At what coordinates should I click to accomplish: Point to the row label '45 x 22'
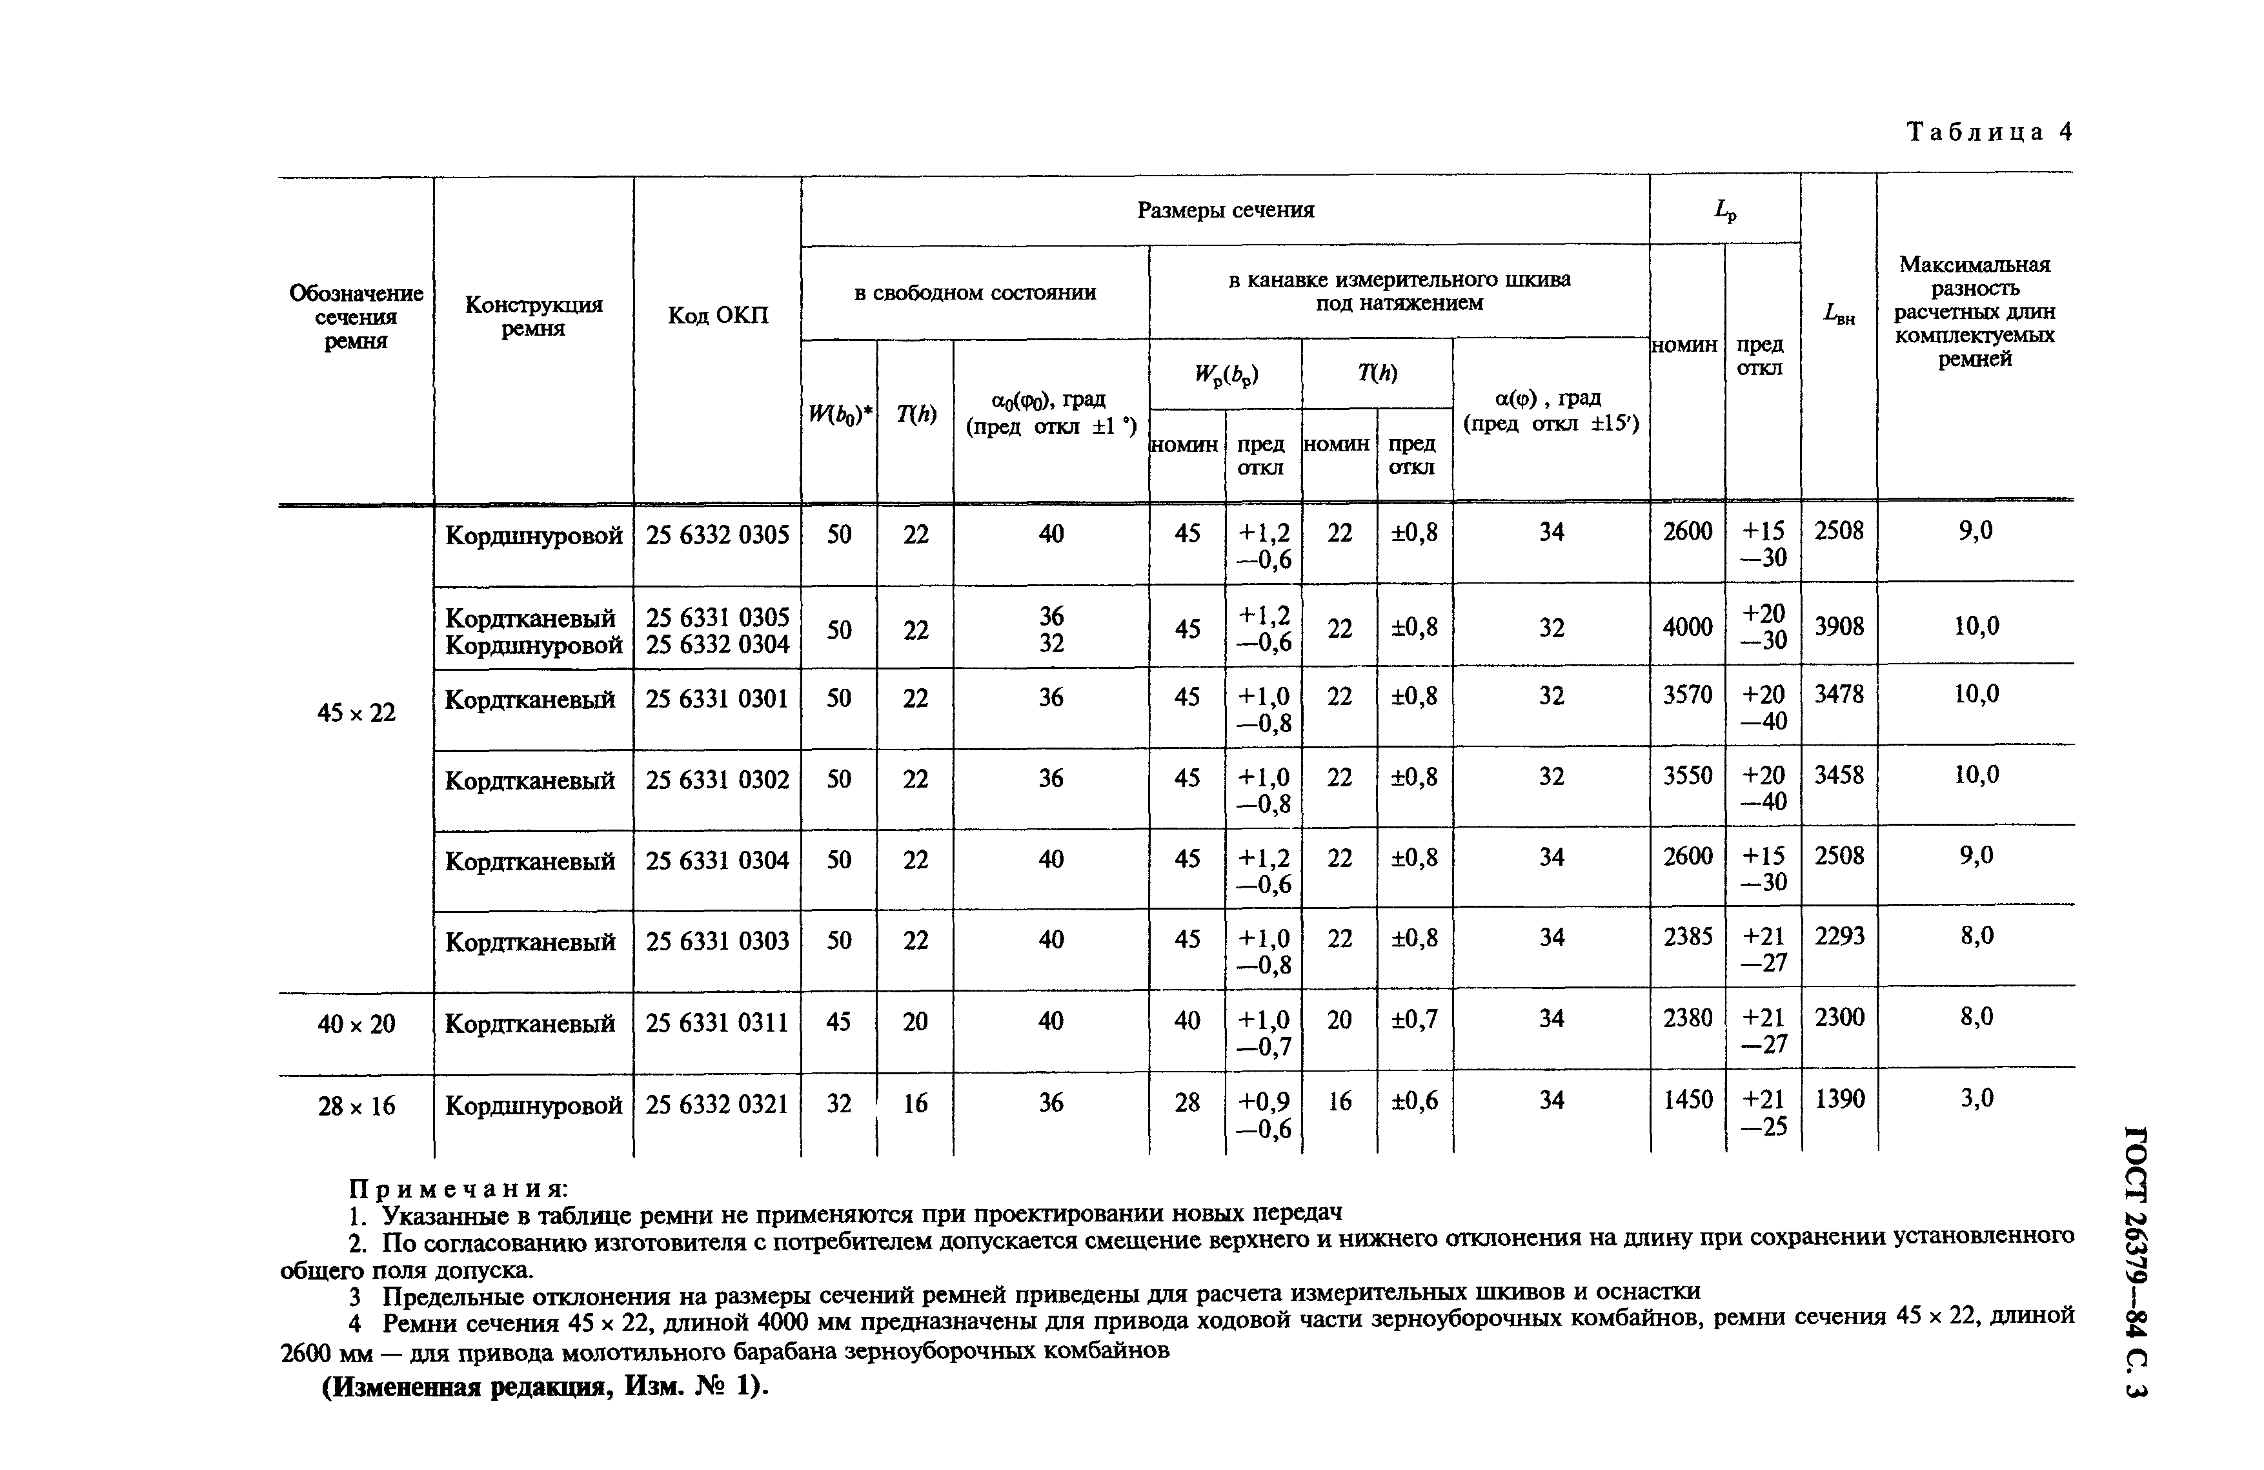(x=356, y=713)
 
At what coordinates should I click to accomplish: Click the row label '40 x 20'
(x=356, y=1025)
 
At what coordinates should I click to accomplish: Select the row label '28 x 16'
(x=356, y=1107)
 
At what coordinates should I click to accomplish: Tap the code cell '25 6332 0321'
(x=717, y=1105)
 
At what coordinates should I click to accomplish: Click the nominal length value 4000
(x=1686, y=627)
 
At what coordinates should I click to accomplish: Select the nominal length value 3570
(x=1686, y=695)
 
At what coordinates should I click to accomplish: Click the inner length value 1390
(x=1839, y=1100)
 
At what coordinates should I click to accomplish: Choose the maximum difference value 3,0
(x=1976, y=1099)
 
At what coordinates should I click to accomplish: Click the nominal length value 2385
(x=1686, y=937)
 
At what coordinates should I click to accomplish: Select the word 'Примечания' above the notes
(x=458, y=1189)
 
